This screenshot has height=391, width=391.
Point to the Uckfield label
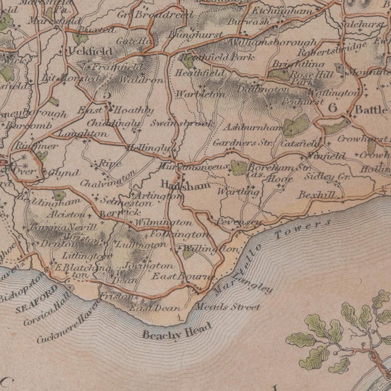[78, 51]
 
